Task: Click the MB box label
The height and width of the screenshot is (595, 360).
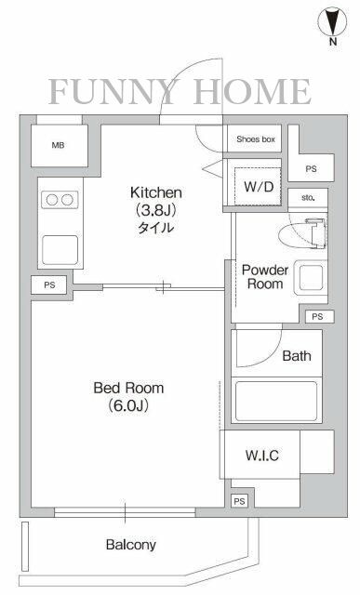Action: (58, 144)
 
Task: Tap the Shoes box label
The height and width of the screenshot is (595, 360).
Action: (255, 139)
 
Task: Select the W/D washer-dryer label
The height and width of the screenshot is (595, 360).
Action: (259, 186)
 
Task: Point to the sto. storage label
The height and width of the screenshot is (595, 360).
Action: (308, 197)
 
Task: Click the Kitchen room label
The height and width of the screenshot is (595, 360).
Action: (155, 192)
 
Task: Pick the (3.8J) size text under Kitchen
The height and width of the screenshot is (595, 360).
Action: (155, 210)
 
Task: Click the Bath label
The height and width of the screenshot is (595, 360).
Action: (297, 356)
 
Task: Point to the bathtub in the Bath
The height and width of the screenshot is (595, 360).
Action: (277, 401)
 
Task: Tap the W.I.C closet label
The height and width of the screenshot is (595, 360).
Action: (262, 455)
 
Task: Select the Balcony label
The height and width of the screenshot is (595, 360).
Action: (130, 545)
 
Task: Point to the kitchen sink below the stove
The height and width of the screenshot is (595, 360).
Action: (58, 248)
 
